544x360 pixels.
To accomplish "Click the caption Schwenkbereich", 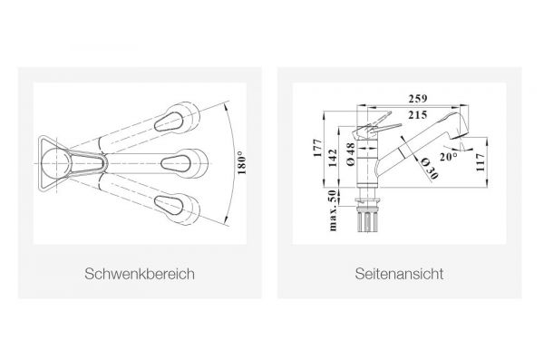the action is pyautogui.click(x=140, y=274).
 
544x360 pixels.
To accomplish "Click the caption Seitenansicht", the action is pyautogui.click(x=399, y=274).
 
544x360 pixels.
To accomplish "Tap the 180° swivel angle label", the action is pyautogui.click(x=242, y=163).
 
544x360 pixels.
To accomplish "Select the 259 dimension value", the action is pyautogui.click(x=418, y=99).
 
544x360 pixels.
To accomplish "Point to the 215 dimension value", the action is pyautogui.click(x=418, y=115).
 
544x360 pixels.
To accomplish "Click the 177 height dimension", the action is pyautogui.click(x=318, y=148).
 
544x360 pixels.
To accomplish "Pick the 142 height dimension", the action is pyautogui.click(x=333, y=158).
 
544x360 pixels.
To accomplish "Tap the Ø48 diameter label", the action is pyautogui.click(x=351, y=154).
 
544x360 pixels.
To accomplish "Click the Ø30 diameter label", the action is pyautogui.click(x=429, y=169).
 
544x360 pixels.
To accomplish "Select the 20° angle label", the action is pyautogui.click(x=449, y=157).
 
